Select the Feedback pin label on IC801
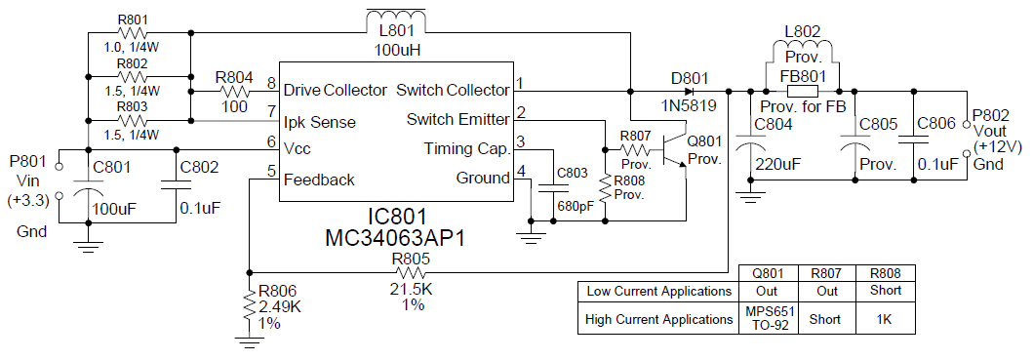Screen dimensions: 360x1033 (x=319, y=180)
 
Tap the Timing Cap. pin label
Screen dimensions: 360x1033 (x=466, y=149)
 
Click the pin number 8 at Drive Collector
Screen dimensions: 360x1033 (x=271, y=84)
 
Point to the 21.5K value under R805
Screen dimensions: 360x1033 (x=411, y=290)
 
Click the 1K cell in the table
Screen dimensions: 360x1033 (x=883, y=319)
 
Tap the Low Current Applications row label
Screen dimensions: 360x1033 (x=658, y=291)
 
